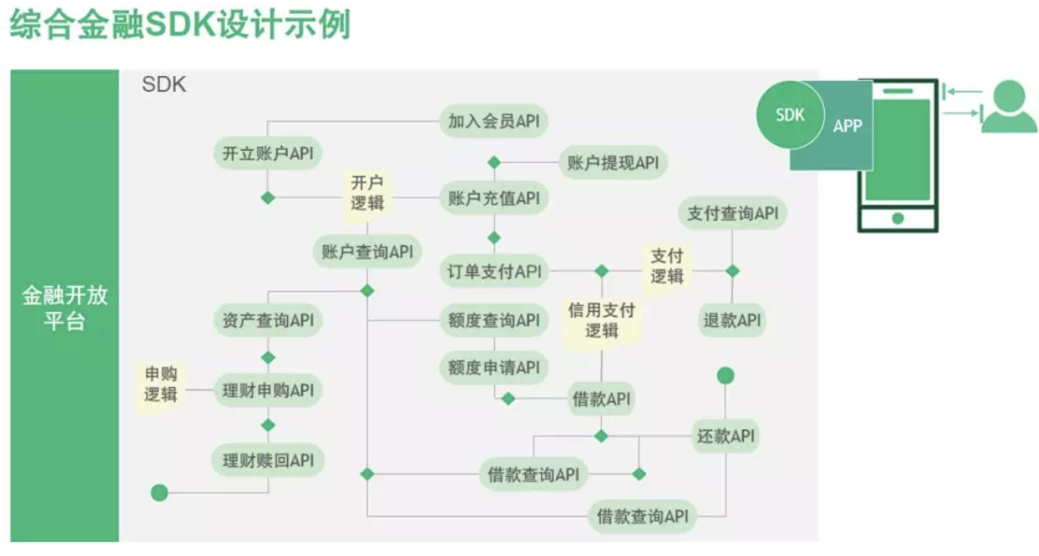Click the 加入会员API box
[x=493, y=121]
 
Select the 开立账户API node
[x=267, y=153]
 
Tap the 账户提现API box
[x=613, y=163]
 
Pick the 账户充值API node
[x=493, y=199]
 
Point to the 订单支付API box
[x=493, y=271]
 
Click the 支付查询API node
[x=732, y=214]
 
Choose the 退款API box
[x=732, y=320]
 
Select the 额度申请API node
[x=493, y=366]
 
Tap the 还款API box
[x=726, y=436]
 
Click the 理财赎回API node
[x=267, y=460]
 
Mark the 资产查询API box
[x=267, y=320]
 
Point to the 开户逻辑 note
[x=367, y=192]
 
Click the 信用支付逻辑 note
[x=601, y=320]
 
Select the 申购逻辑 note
[x=161, y=384]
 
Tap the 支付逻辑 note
[x=667, y=265]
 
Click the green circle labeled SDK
[x=789, y=115]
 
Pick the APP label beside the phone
[x=847, y=126]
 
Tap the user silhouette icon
[x=1008, y=107]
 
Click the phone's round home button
[x=897, y=219]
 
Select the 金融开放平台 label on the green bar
[x=64, y=308]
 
